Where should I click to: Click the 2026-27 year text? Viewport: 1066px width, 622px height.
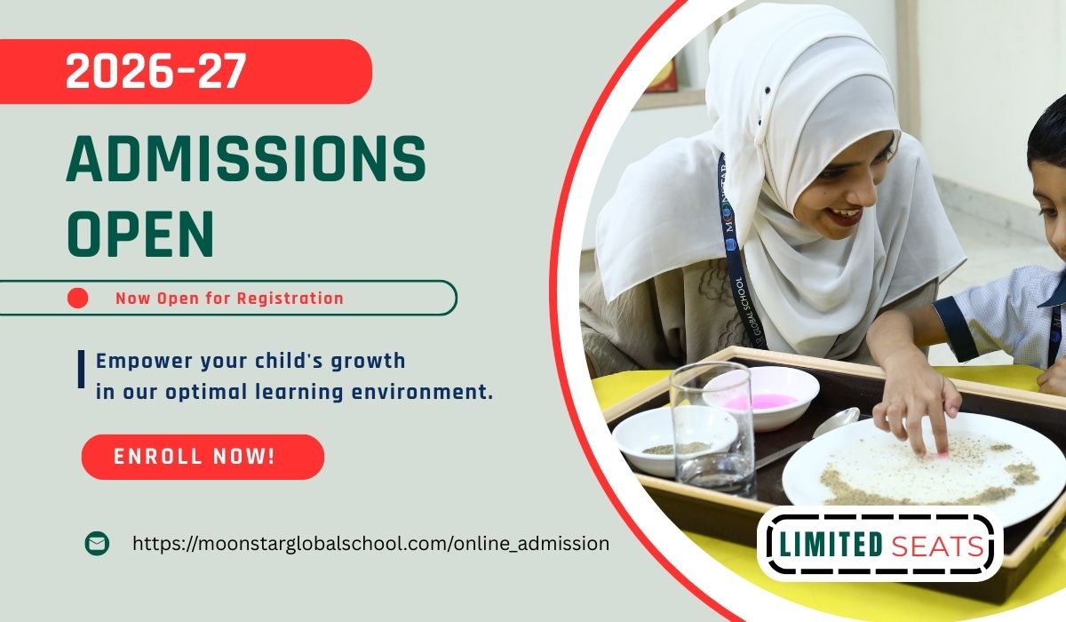pos(156,70)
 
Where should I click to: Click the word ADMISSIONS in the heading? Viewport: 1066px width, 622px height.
pos(246,158)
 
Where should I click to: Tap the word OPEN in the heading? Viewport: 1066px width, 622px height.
pos(140,235)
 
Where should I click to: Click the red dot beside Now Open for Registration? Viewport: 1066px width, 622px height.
pos(77,298)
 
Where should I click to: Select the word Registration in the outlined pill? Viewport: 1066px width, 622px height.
pos(290,299)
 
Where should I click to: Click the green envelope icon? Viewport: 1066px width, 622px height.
pos(97,543)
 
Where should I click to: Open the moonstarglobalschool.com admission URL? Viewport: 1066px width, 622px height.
pos(370,543)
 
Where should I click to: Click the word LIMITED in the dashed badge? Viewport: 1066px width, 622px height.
pos(831,545)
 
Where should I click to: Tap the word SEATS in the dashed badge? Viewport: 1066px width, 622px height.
pos(937,546)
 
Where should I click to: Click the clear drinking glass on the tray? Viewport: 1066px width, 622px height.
pos(712,428)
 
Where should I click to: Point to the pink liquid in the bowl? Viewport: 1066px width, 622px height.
pos(761,401)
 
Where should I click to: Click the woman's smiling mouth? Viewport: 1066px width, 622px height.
pos(845,214)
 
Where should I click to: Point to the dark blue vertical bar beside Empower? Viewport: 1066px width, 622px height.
pos(82,370)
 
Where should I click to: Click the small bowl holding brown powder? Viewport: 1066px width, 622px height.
pos(675,440)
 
